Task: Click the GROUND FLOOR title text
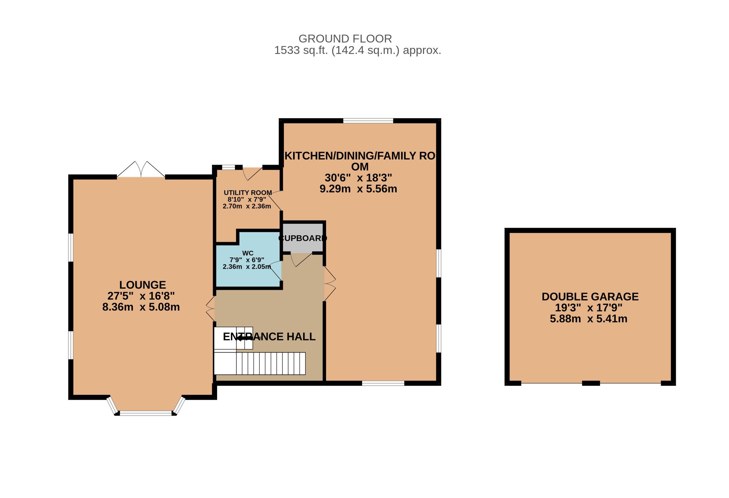[x=345, y=39]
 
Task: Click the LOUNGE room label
[x=142, y=285]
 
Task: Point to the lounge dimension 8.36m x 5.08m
[x=141, y=307]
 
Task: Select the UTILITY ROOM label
[x=248, y=193]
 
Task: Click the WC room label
[x=248, y=253]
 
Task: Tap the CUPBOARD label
[x=302, y=238]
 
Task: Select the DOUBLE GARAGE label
[x=590, y=297]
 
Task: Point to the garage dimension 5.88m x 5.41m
[x=588, y=319]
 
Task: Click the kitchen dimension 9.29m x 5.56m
[x=358, y=189]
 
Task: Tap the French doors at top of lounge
[x=141, y=169]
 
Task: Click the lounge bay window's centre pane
[x=146, y=413]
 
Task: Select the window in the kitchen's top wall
[x=368, y=121]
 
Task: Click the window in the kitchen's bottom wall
[x=383, y=383]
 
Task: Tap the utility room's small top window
[x=228, y=167]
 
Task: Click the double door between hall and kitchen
[x=330, y=284]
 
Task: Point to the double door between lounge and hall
[x=211, y=309]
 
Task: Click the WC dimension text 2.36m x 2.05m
[x=247, y=267]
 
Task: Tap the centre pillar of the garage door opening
[x=591, y=383]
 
